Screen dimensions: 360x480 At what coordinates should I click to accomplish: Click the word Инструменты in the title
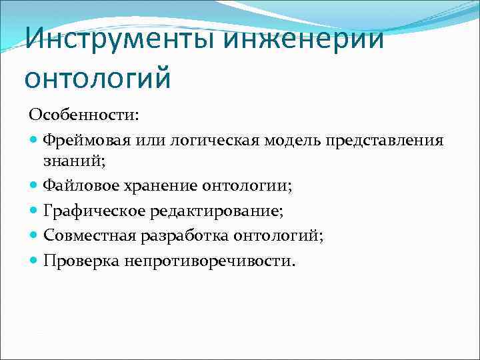121,38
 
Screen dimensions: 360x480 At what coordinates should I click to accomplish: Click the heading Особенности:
83,115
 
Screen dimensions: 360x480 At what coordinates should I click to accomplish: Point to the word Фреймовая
86,140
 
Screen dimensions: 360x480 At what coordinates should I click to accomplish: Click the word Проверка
81,259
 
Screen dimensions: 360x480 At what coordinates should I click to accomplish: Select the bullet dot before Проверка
35,260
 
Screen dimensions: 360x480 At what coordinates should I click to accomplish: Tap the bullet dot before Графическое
35,212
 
